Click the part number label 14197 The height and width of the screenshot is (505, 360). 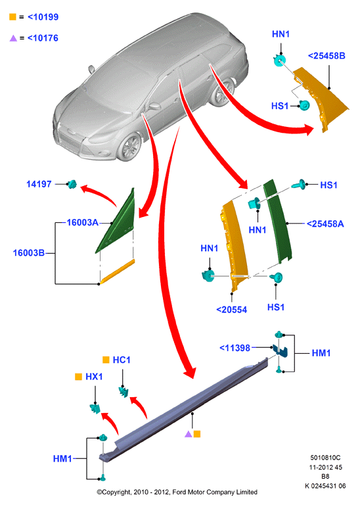click(x=39, y=184)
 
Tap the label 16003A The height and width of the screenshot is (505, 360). click(x=82, y=222)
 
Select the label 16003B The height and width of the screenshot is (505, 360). click(x=29, y=252)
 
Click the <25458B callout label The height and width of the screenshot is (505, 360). click(x=326, y=56)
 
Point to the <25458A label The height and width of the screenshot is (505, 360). click(x=325, y=224)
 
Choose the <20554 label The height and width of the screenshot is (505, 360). click(x=232, y=310)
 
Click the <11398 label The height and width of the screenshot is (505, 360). click(x=235, y=348)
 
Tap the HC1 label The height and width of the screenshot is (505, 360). click(x=122, y=360)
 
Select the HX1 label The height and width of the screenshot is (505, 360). click(x=94, y=377)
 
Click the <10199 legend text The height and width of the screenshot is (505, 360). click(x=43, y=17)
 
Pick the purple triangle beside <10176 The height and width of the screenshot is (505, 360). click(x=13, y=38)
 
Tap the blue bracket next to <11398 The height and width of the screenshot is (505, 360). click(x=281, y=350)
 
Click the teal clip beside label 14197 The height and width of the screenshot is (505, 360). click(x=72, y=184)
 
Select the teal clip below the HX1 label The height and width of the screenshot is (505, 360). click(x=95, y=409)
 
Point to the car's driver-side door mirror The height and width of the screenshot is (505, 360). click(x=154, y=106)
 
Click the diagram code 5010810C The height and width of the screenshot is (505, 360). click(x=325, y=458)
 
